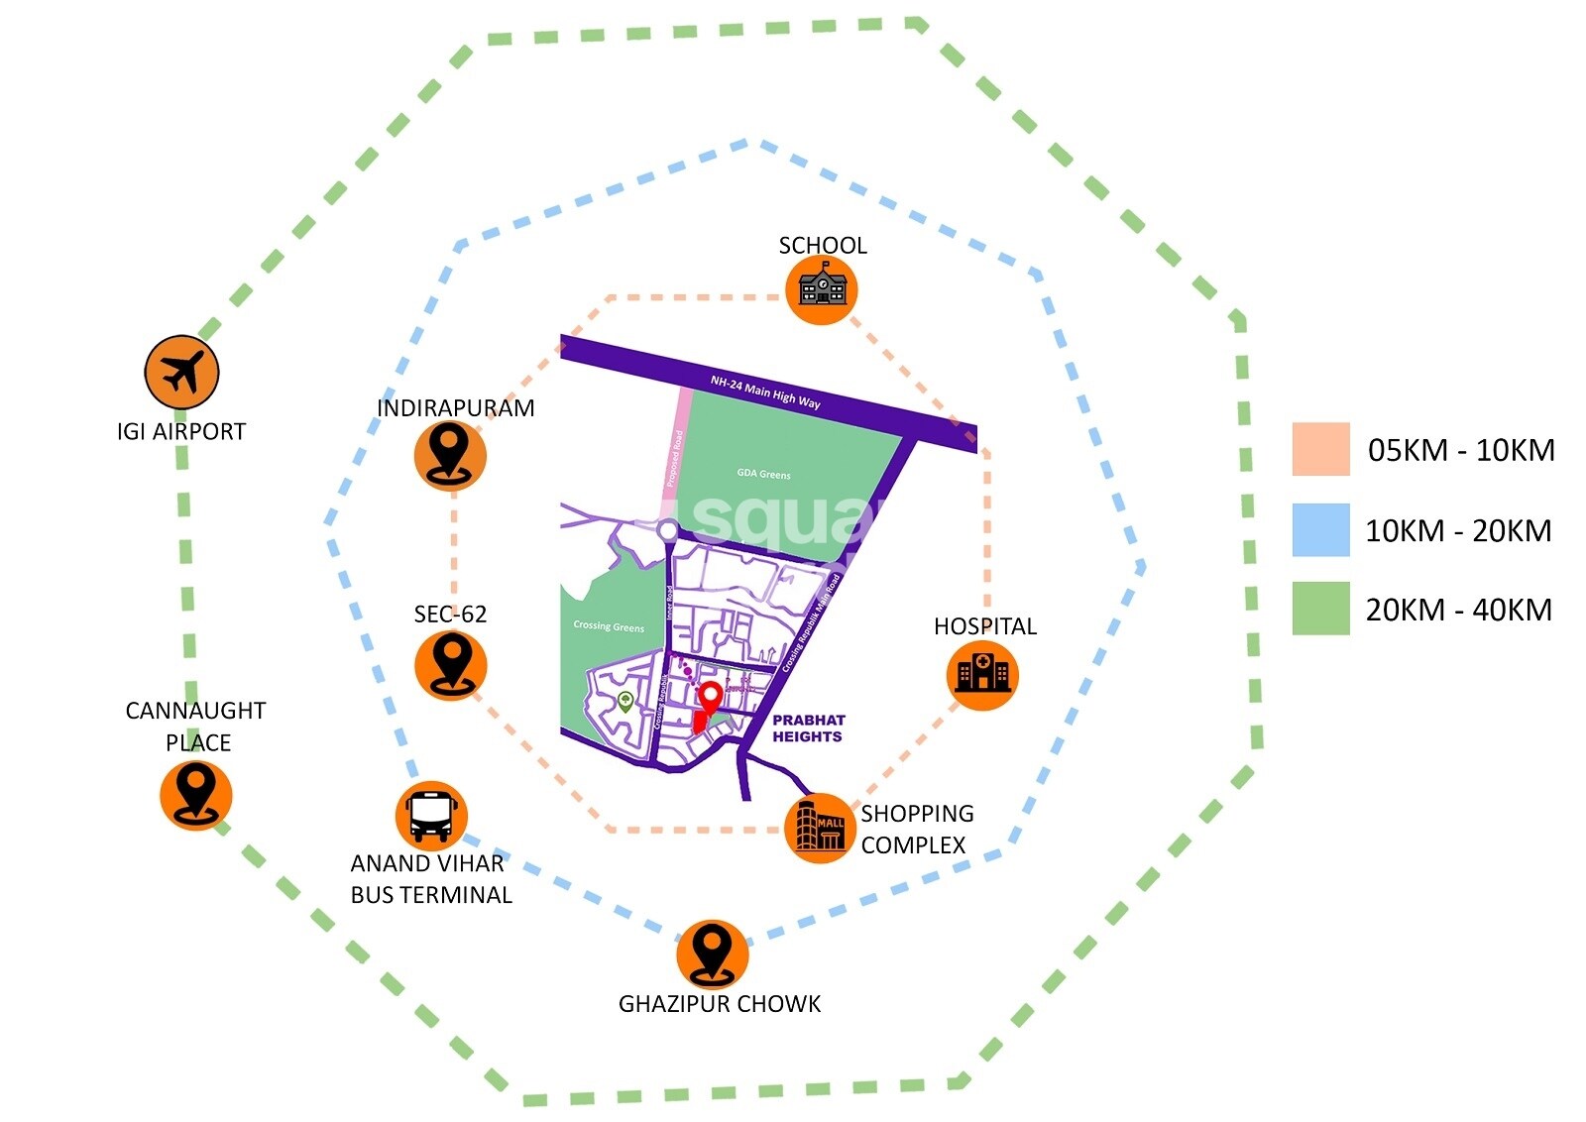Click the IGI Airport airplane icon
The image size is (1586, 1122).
coord(181,373)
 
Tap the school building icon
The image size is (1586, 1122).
coord(821,288)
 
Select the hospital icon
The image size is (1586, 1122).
coord(981,674)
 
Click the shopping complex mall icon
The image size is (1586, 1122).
coord(820,828)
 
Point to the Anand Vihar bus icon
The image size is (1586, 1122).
coord(430,816)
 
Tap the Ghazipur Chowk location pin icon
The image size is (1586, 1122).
coord(712,953)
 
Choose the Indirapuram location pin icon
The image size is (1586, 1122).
coord(450,455)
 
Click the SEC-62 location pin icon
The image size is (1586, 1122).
coord(450,664)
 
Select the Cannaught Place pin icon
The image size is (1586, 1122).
coord(195,795)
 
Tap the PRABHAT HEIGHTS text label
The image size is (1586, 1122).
coord(808,729)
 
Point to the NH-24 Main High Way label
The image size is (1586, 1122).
coord(765,392)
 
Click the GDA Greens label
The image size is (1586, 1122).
coord(763,474)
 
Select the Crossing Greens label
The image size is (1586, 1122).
coord(608,626)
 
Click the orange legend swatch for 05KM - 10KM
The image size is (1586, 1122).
coord(1320,449)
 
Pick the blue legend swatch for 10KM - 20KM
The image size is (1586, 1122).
coord(1320,529)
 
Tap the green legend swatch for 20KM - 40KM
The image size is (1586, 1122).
coord(1320,608)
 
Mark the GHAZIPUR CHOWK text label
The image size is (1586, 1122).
coord(719,1004)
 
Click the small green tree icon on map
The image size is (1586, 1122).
coord(625,702)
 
